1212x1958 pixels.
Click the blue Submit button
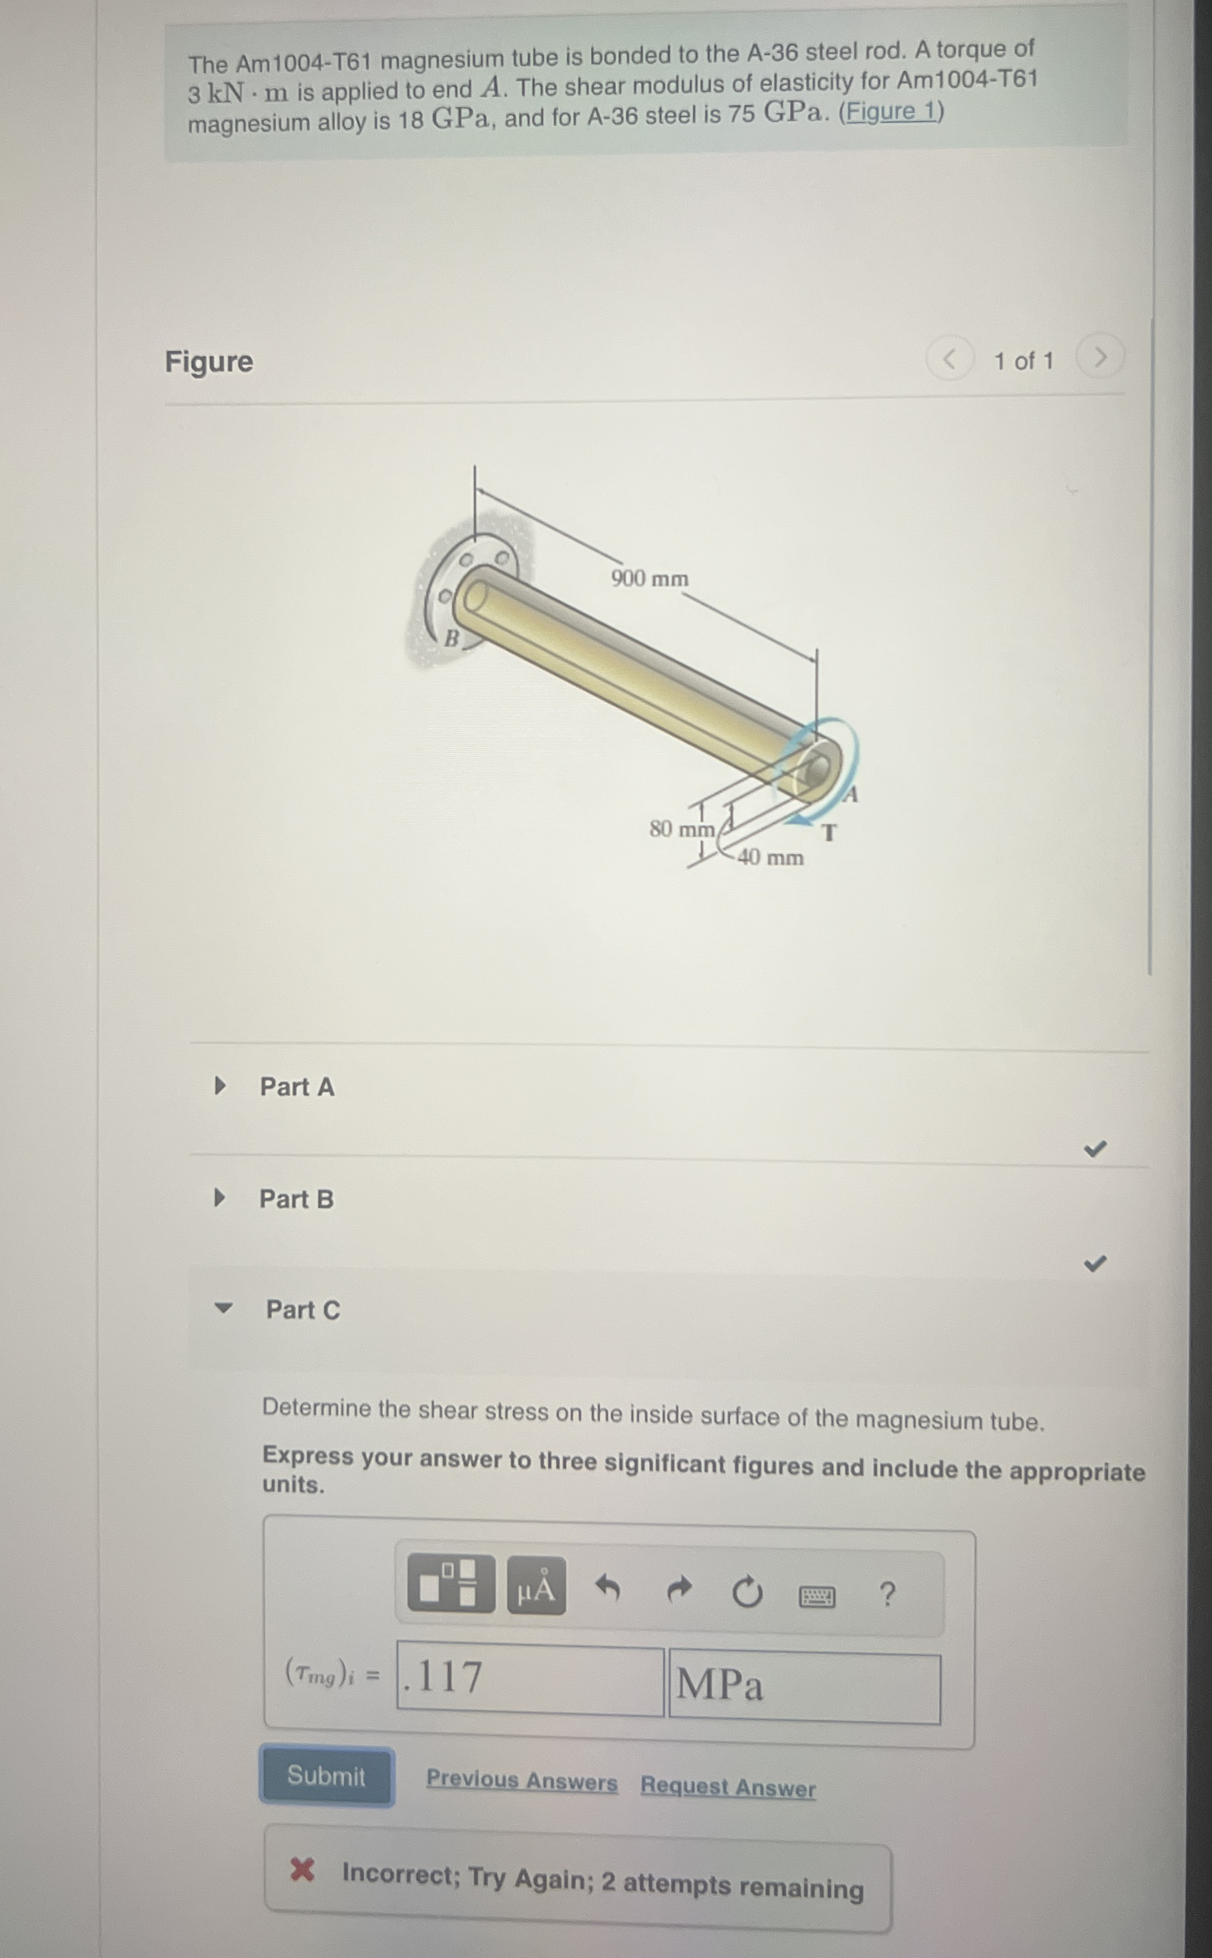(x=326, y=1776)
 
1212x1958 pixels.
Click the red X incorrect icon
(x=302, y=1869)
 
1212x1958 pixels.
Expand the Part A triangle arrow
(x=220, y=1087)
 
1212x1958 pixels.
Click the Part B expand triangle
(x=220, y=1198)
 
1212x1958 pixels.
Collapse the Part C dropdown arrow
(x=223, y=1308)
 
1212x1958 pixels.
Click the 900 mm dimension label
(x=649, y=578)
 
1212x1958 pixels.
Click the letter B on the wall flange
(x=451, y=638)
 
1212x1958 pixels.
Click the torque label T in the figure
(x=830, y=833)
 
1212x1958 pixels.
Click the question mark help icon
(x=886, y=1594)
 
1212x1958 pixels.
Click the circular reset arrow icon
(x=747, y=1592)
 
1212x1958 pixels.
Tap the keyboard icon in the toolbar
(x=817, y=1596)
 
